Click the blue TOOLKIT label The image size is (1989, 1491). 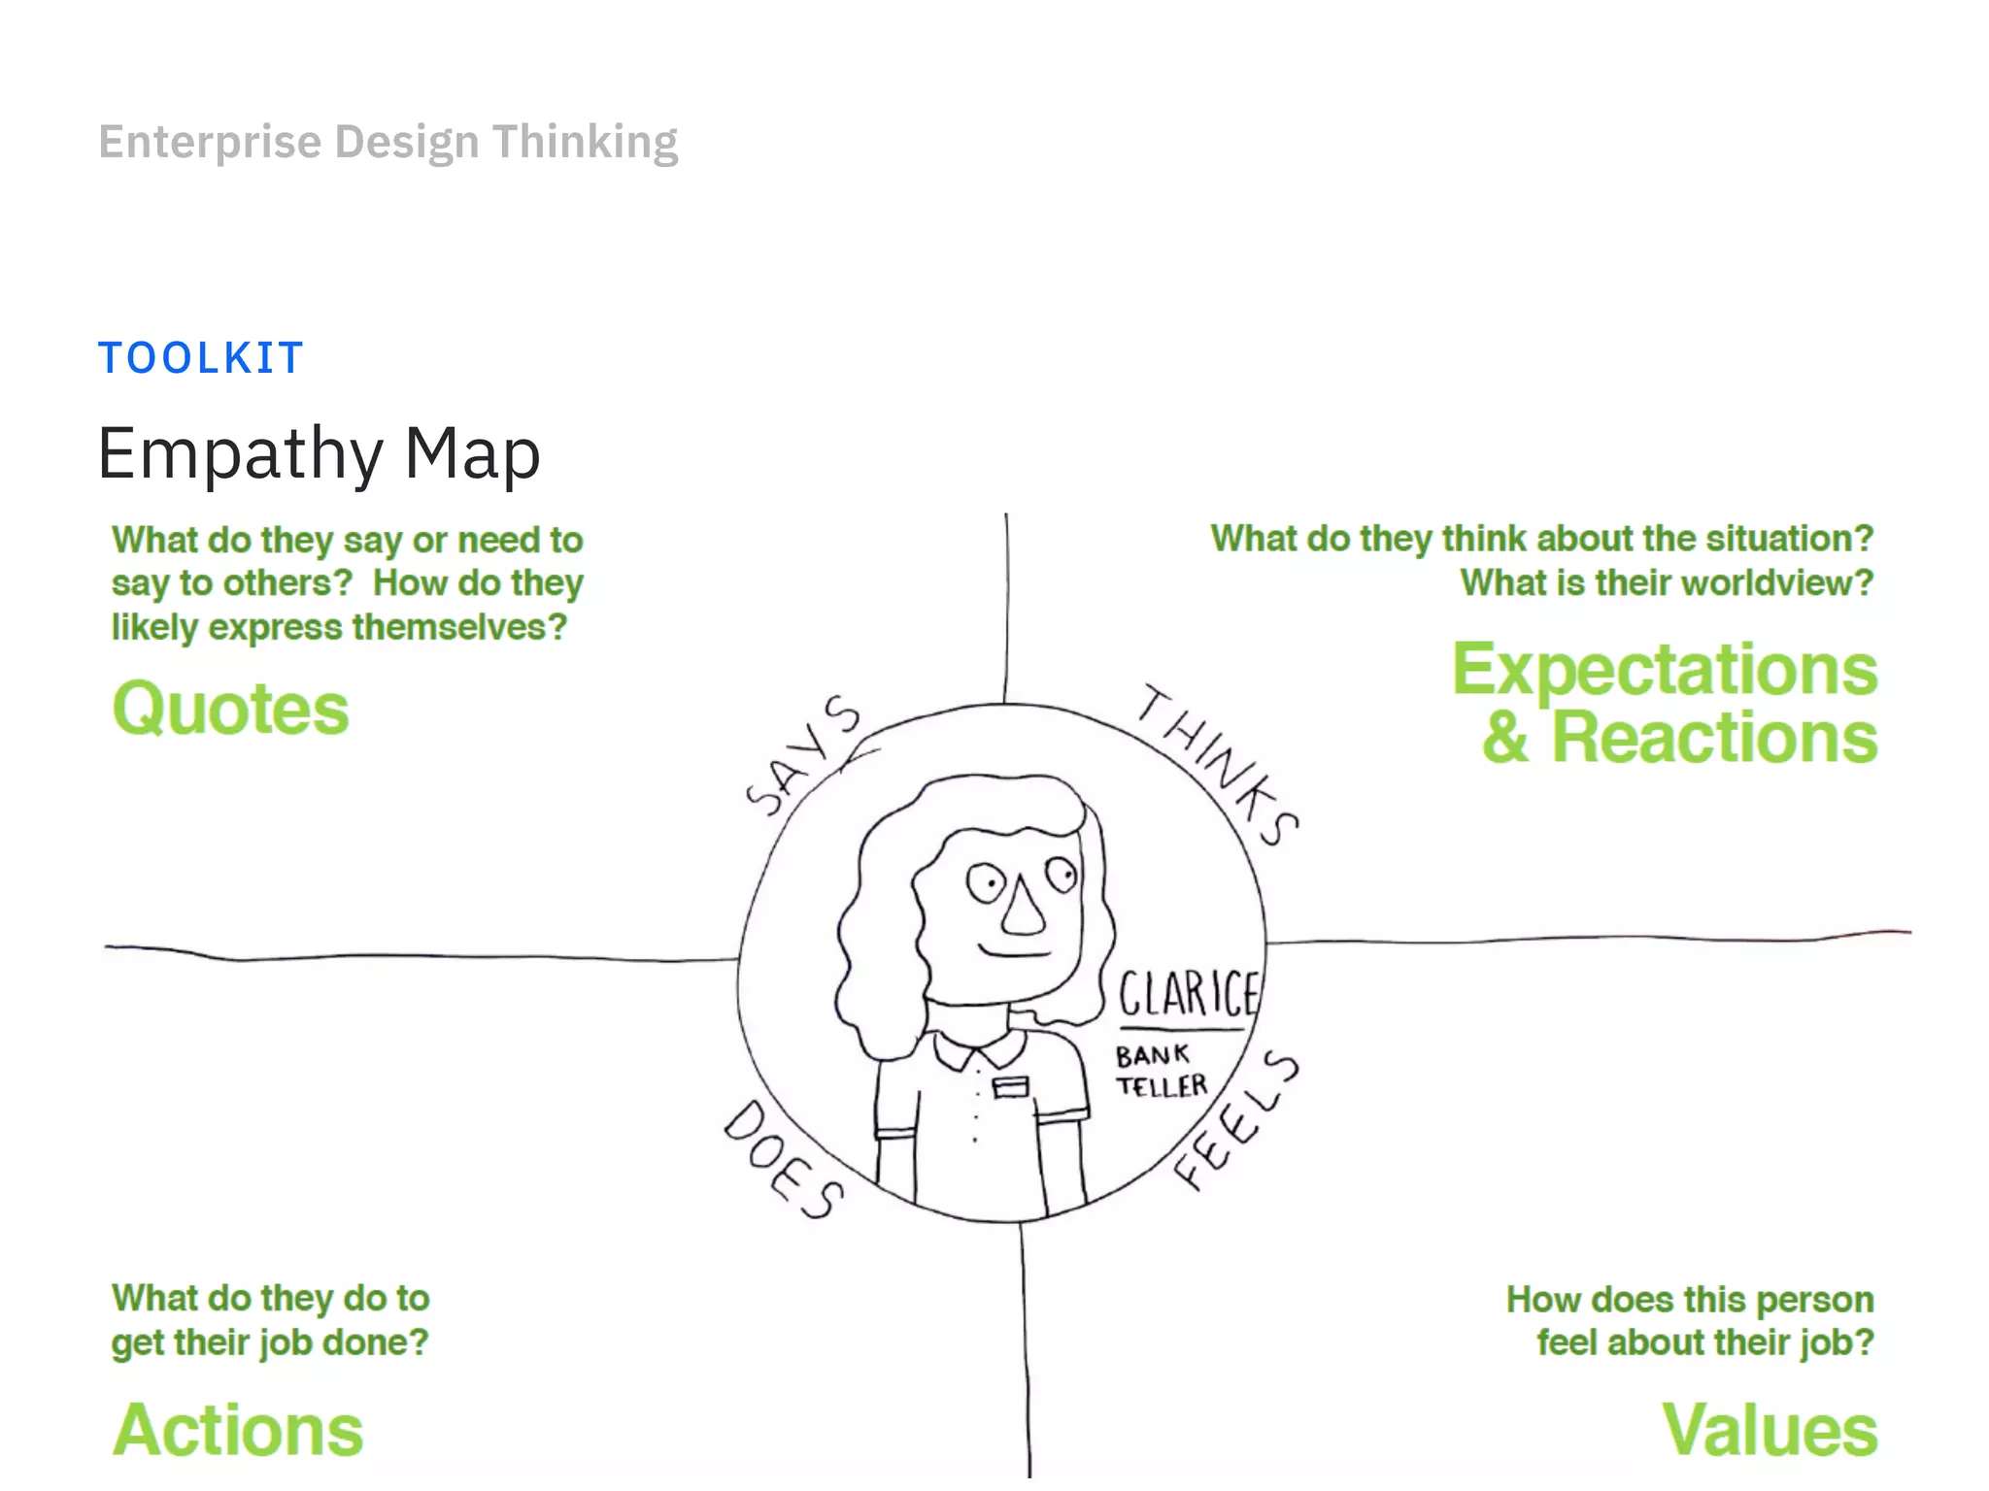tap(201, 358)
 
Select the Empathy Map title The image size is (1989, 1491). tap(319, 454)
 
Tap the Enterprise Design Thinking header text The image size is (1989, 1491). tap(388, 142)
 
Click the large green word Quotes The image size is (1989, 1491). tap(230, 709)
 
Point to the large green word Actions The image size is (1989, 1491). tap(238, 1430)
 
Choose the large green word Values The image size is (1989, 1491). tap(1770, 1430)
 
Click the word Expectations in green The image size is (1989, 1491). tap(1665, 670)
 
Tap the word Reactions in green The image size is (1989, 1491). tap(1714, 739)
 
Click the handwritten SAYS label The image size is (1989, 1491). tap(803, 754)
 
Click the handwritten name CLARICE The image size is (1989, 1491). tap(1188, 993)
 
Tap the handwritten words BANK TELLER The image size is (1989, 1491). tap(1161, 1070)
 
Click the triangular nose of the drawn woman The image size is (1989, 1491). tap(1023, 908)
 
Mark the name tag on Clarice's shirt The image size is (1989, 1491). tap(1010, 1086)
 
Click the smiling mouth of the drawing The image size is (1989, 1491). tap(1015, 950)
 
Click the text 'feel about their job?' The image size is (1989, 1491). tap(1704, 1342)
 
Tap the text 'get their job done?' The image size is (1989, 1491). tap(270, 1342)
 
